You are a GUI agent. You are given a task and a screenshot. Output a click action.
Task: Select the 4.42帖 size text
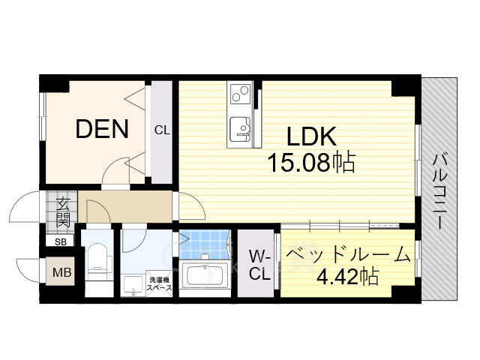[347, 277]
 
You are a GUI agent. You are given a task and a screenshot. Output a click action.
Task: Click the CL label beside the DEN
[162, 130]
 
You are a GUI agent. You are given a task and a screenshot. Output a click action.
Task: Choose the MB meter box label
[61, 272]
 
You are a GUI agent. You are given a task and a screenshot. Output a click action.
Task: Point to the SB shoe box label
[59, 241]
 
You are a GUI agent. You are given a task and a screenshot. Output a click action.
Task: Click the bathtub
[205, 275]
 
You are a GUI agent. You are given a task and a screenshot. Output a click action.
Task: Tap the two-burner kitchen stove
[241, 94]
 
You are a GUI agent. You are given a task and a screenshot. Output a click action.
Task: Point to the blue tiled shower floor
[203, 241]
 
